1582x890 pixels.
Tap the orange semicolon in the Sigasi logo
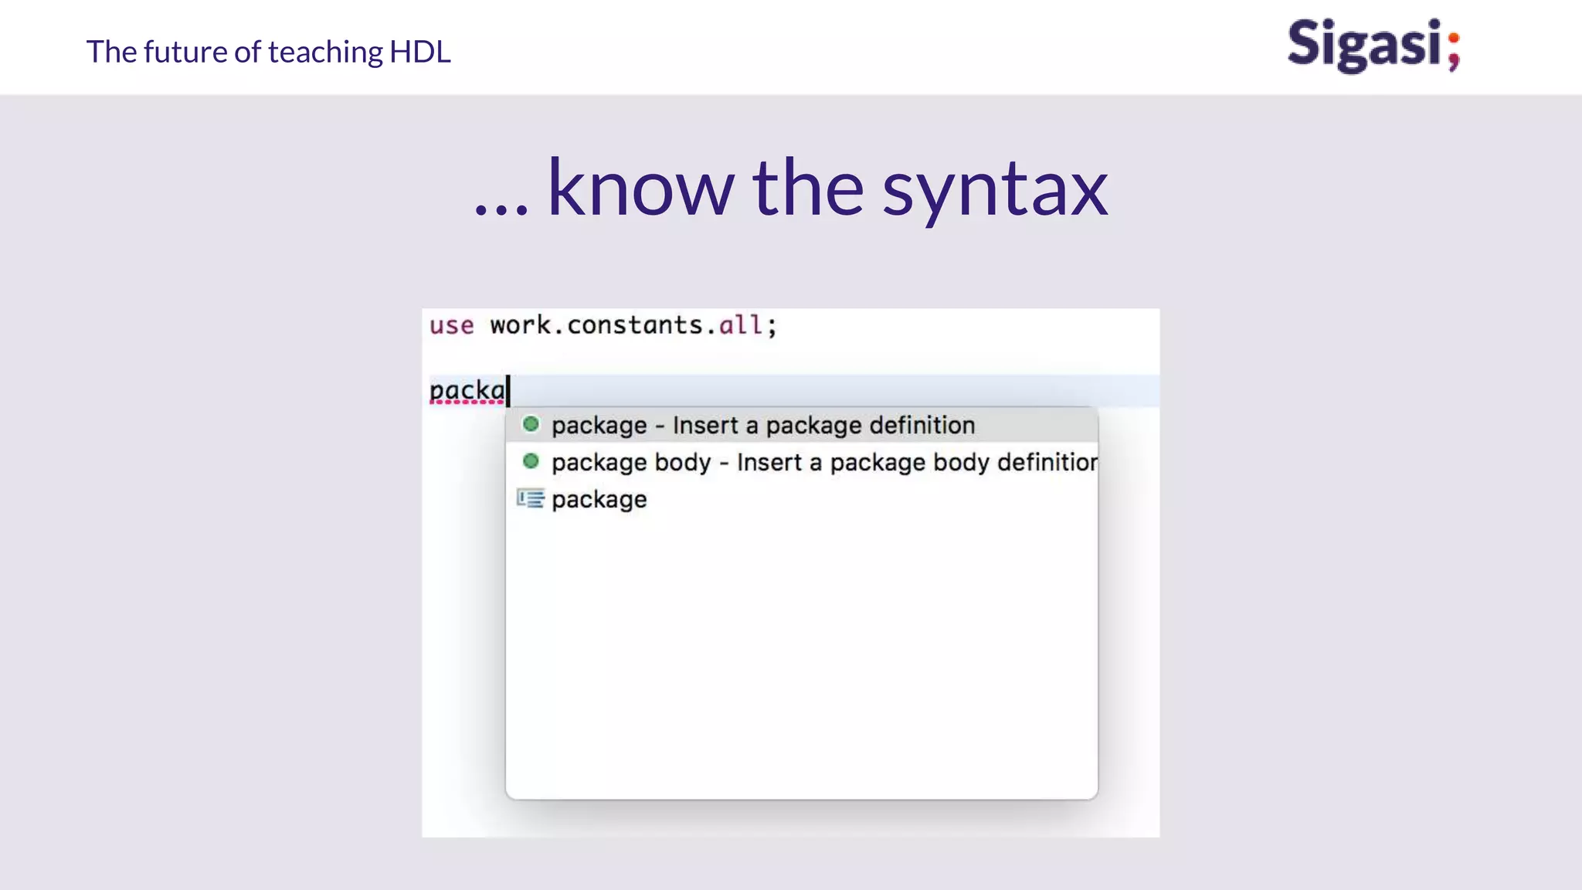pos(1453,51)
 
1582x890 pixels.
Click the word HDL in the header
pos(420,52)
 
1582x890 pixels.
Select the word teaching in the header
pos(325,52)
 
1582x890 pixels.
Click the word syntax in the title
pos(995,189)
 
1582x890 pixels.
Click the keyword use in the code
pos(451,325)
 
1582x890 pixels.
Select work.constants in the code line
pos(596,325)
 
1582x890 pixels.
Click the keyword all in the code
pos(741,325)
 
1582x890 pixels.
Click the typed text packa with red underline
pos(467,391)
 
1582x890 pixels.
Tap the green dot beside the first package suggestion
pos(531,424)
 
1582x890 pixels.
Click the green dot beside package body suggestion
pos(531,461)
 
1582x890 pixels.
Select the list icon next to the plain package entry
pos(531,499)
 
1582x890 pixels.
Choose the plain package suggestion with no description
pos(599,500)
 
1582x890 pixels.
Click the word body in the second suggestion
pos(683,462)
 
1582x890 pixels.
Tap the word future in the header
pos(185,52)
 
